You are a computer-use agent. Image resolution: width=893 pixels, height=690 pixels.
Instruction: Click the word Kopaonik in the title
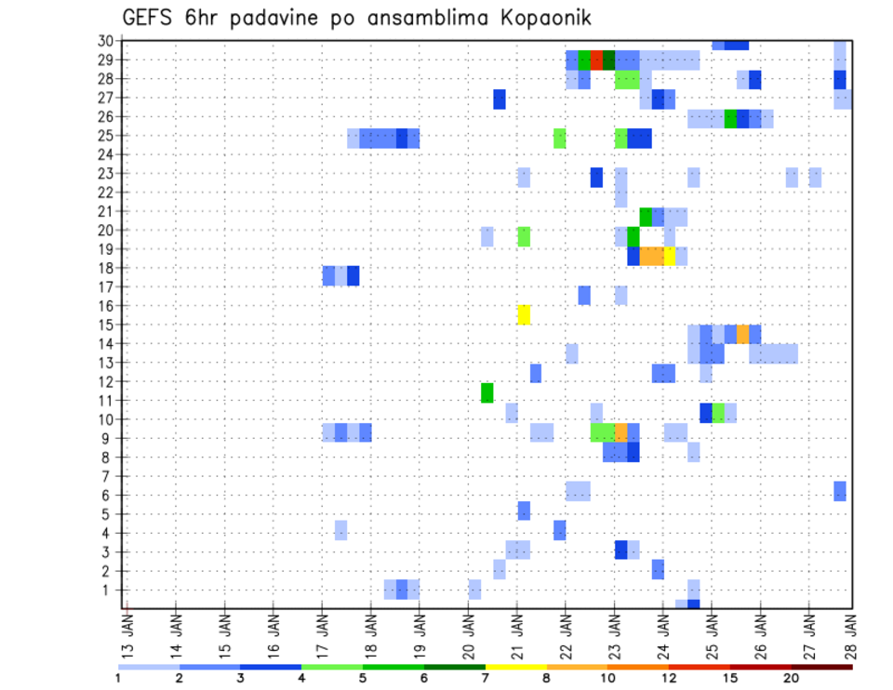[x=540, y=18]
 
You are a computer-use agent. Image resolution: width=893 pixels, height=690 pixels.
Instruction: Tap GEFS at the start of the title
[x=148, y=18]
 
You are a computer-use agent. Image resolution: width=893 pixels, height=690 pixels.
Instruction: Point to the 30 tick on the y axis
[x=105, y=41]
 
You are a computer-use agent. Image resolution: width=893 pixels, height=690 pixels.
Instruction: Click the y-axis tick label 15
[x=105, y=325]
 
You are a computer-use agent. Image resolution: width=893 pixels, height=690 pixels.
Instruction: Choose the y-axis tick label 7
[x=109, y=476]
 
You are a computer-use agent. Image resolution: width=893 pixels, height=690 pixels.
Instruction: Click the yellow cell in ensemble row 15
[x=524, y=314]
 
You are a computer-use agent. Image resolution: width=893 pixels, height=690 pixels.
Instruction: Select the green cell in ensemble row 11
[x=487, y=392]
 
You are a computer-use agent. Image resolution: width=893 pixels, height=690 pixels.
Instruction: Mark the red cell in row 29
[x=596, y=60]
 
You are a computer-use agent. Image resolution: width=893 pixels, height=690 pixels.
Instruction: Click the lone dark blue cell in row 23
[x=596, y=177]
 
